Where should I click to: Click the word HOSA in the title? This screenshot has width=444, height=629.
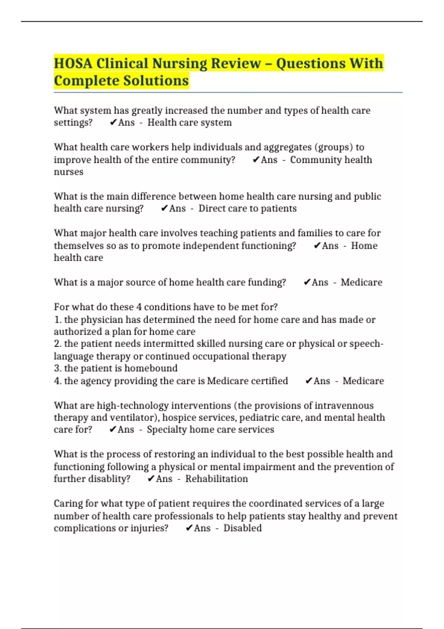[x=73, y=63]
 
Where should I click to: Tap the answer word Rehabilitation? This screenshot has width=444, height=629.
[x=216, y=479]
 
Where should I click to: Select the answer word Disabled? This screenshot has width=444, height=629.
[x=242, y=528]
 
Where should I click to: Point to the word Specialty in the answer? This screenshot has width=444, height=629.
[x=166, y=430]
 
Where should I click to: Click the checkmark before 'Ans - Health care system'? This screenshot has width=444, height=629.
[x=113, y=122]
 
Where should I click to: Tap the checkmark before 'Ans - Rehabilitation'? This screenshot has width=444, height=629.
[x=151, y=479]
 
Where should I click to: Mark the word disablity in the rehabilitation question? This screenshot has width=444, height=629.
[x=110, y=479]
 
